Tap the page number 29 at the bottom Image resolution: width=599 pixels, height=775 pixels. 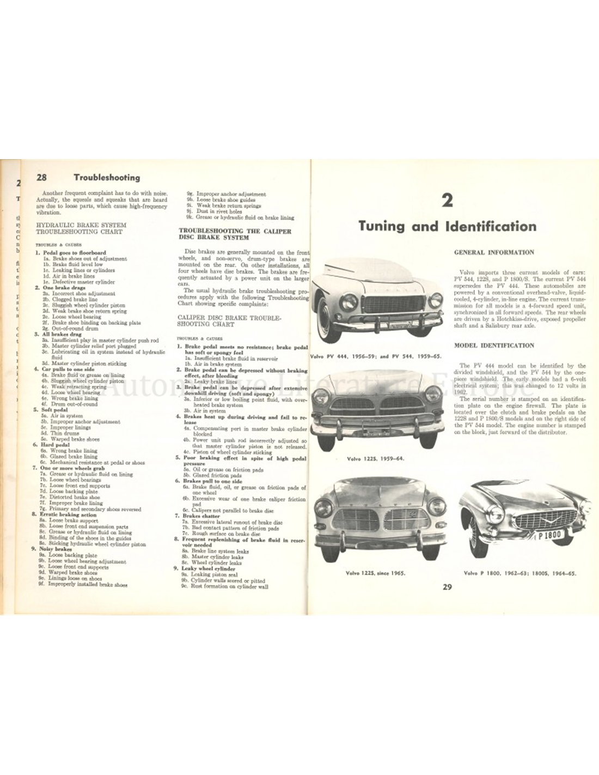pyautogui.click(x=447, y=586)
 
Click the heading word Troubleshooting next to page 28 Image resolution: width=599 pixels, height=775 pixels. pyautogui.click(x=107, y=177)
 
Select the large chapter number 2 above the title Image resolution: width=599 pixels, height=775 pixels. pyautogui.click(x=447, y=203)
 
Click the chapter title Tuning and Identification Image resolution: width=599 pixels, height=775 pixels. pyautogui.click(x=447, y=226)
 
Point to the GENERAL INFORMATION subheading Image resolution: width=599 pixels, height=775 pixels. pyautogui.click(x=494, y=253)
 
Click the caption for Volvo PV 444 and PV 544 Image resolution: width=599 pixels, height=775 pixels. pyautogui.click(x=375, y=355)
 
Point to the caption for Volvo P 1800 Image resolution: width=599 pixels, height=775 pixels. pyautogui.click(x=520, y=573)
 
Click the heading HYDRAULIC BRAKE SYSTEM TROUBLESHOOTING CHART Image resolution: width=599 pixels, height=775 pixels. pyautogui.click(x=80, y=228)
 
